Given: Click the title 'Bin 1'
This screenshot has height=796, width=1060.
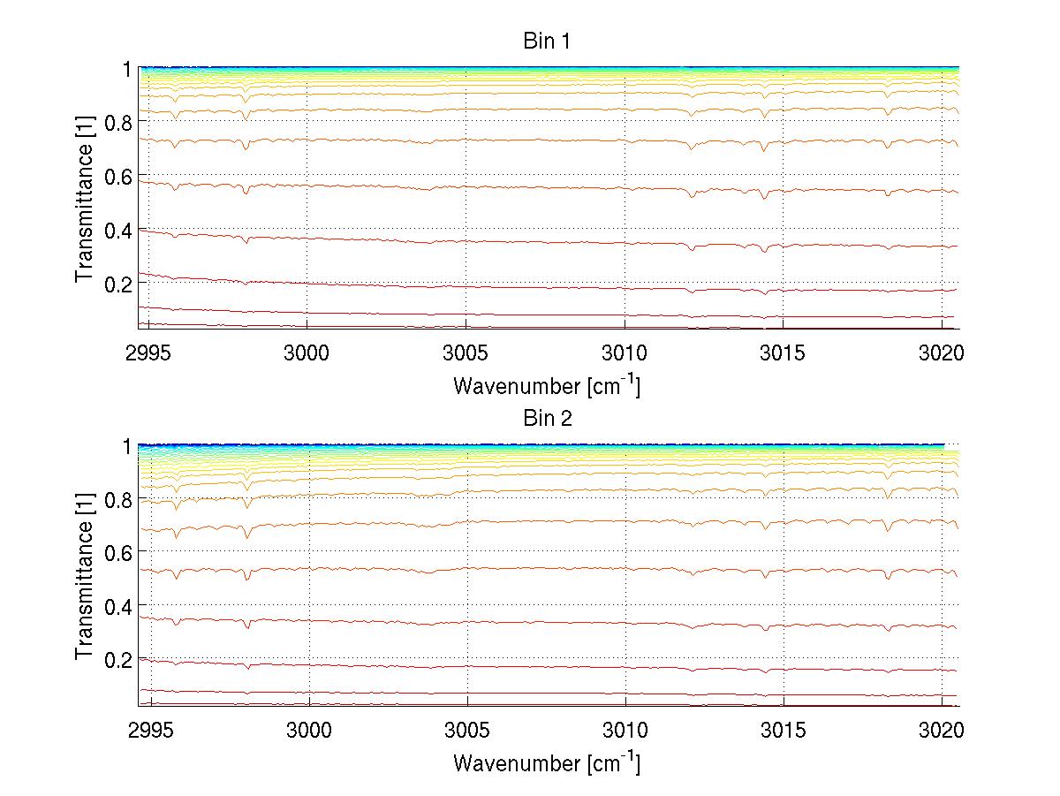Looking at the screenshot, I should click(x=548, y=42).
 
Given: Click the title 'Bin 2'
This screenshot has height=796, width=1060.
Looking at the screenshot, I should click(x=548, y=419).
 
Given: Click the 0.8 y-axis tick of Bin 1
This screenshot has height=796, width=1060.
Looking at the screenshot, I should click(x=117, y=122).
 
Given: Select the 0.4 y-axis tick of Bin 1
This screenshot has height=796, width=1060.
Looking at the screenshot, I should click(x=117, y=230).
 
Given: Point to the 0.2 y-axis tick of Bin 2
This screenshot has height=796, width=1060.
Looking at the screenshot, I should click(x=117, y=659).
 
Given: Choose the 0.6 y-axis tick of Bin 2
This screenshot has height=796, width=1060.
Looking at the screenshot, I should click(x=117, y=552).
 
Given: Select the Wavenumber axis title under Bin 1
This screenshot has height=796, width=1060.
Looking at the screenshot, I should click(x=547, y=385).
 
